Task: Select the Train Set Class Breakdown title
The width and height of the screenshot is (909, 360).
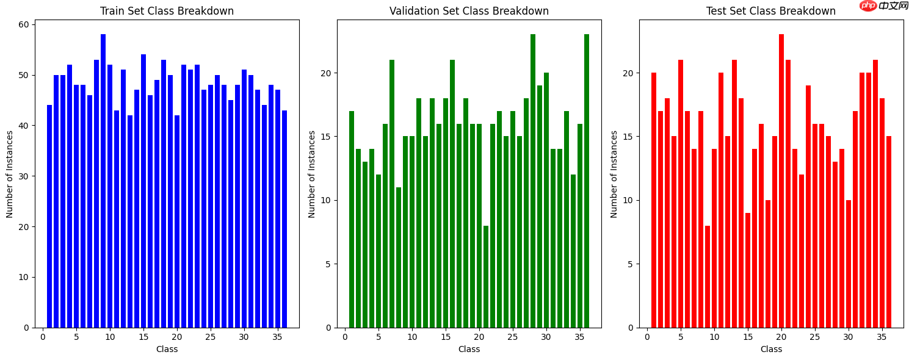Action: click(x=167, y=11)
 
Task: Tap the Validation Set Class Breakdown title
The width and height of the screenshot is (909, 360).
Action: click(x=469, y=11)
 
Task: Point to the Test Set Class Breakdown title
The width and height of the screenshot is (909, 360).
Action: click(x=770, y=11)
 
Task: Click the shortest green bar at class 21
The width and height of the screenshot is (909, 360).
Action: click(x=486, y=278)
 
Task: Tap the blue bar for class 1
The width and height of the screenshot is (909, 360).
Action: click(x=49, y=217)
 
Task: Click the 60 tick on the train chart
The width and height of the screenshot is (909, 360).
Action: click(x=24, y=25)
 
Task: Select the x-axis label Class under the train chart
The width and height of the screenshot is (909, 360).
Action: click(x=167, y=349)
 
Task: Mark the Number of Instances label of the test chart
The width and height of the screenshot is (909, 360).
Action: click(x=614, y=174)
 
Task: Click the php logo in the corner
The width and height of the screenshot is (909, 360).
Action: click(x=868, y=5)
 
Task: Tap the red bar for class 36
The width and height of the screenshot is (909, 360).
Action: click(x=889, y=232)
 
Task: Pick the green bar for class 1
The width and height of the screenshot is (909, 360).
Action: click(x=352, y=220)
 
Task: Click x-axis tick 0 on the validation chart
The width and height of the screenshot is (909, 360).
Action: click(x=345, y=336)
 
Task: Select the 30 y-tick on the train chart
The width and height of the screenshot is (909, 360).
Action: click(x=24, y=176)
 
